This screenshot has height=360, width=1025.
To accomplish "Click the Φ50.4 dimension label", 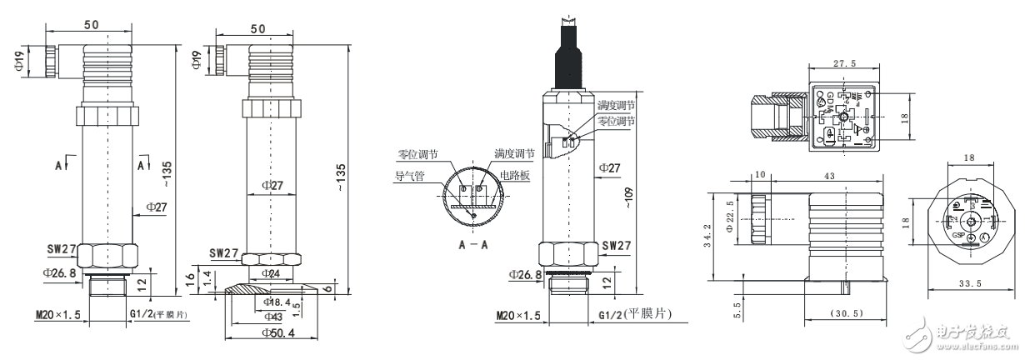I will coord(269,333).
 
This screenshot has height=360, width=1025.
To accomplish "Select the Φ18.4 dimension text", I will coord(274,301).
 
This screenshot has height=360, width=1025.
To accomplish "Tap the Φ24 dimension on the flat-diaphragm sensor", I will coord(271,272).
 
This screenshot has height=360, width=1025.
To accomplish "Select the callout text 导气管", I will coord(409,176).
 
